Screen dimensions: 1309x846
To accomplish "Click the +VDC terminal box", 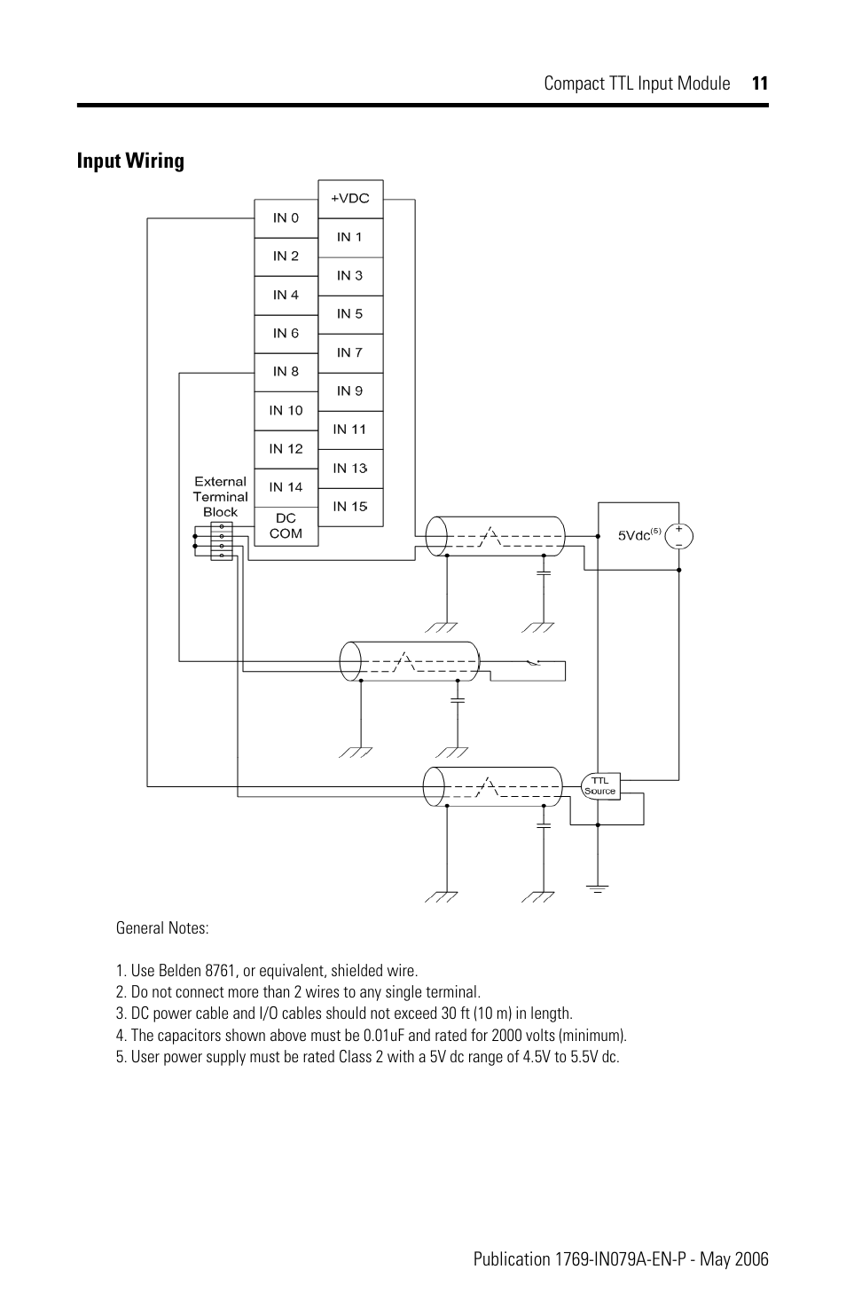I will click(350, 199).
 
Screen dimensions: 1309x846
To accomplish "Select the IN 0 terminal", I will click(286, 218).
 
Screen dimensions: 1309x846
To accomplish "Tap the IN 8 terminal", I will click(286, 372).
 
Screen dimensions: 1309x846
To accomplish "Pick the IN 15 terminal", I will click(350, 507).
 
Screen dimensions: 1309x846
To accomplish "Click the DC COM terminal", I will click(286, 526).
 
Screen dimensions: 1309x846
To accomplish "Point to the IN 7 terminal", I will click(350, 353).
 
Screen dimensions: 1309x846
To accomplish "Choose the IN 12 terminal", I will click(286, 449).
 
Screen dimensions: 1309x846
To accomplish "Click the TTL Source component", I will click(599, 786).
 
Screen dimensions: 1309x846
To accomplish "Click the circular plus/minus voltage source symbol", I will click(679, 536).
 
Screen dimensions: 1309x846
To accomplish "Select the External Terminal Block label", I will click(220, 497).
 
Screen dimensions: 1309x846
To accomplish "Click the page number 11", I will click(759, 83).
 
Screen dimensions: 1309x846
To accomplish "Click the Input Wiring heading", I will click(130, 161).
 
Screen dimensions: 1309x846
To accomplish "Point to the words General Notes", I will click(162, 928).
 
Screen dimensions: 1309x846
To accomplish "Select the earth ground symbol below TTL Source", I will click(598, 887).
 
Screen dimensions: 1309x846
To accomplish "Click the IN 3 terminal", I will click(350, 276).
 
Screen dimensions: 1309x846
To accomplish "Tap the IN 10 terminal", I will click(286, 411).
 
